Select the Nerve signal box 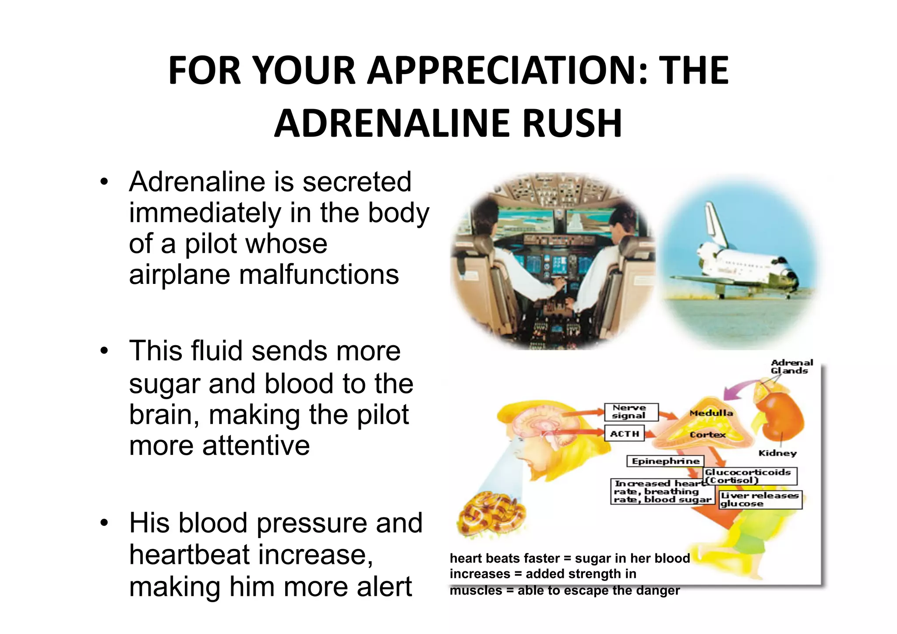click(x=631, y=412)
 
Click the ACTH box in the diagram click(x=624, y=434)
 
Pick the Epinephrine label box click(x=665, y=461)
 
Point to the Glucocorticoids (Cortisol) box click(x=749, y=476)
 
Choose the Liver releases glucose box click(x=760, y=500)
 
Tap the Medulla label click(x=711, y=413)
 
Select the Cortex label click(x=707, y=435)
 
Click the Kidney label click(x=777, y=453)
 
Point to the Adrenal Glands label click(x=791, y=367)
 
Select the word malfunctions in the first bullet click(x=319, y=275)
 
